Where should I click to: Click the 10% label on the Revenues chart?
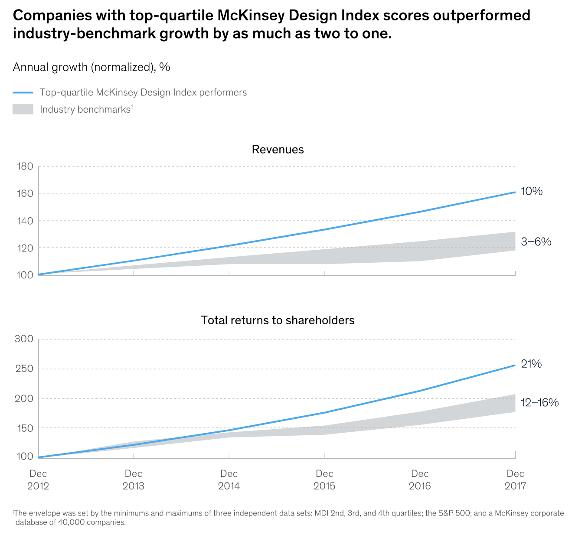(531, 191)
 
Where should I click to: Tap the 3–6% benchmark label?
(536, 242)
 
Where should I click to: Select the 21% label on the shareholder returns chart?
(531, 364)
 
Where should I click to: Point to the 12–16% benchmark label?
(539, 403)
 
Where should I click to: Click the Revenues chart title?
(278, 150)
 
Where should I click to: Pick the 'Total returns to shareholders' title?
(278, 320)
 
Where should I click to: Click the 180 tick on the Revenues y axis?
(25, 166)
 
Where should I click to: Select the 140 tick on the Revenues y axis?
(25, 221)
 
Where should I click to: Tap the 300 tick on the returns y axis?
(24, 339)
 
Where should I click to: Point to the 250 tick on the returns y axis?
(24, 369)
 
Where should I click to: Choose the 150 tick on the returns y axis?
(24, 428)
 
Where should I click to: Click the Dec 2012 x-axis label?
(38, 480)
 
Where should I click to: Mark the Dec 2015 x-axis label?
(324, 480)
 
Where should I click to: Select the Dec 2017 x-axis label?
(515, 480)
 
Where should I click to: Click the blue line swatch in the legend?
(23, 92)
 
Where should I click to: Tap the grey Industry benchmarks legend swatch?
(23, 109)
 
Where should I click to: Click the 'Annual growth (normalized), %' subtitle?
(91, 67)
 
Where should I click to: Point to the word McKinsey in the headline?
(252, 16)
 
